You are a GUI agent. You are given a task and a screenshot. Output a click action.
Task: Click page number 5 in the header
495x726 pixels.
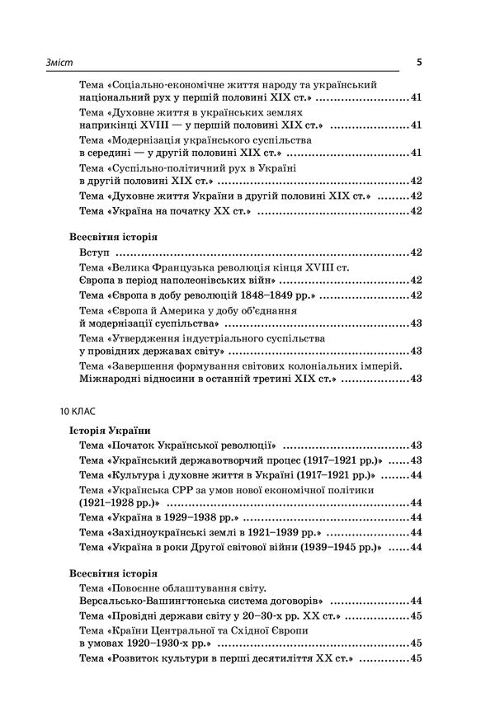(x=420, y=62)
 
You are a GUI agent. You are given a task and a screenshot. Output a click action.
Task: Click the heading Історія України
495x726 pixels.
(x=108, y=429)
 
